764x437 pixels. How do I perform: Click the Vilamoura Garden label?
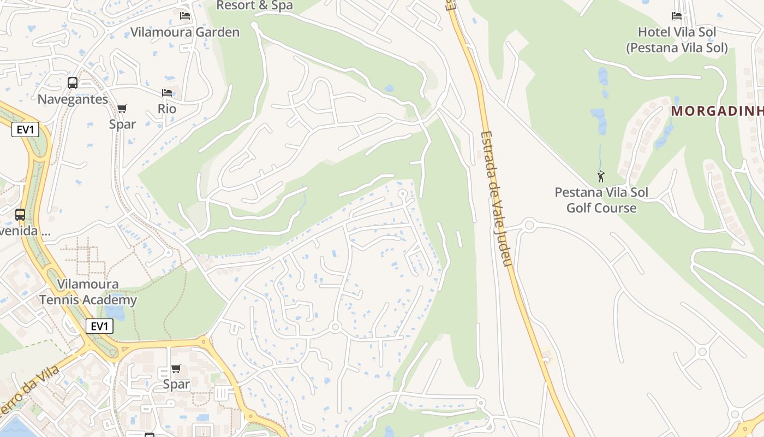pyautogui.click(x=185, y=32)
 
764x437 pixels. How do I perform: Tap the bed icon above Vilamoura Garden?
pyautogui.click(x=185, y=15)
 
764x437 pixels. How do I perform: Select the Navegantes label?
pyautogui.click(x=73, y=99)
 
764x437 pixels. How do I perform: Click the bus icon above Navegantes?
pyautogui.click(x=73, y=83)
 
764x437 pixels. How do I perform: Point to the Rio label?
pyautogui.click(x=167, y=109)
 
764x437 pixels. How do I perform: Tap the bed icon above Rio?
pyautogui.click(x=167, y=93)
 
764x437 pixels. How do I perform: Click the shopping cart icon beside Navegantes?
pyautogui.click(x=122, y=108)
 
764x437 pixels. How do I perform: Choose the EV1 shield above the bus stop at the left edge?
pyautogui.click(x=25, y=130)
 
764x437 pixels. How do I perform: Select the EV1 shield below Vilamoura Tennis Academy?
pyautogui.click(x=99, y=327)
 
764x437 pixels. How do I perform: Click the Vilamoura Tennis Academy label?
pyautogui.click(x=88, y=292)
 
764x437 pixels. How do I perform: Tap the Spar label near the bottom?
pyautogui.click(x=176, y=385)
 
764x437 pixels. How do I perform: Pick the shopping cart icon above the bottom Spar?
pyautogui.click(x=176, y=369)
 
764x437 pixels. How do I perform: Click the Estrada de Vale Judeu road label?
pyautogui.click(x=497, y=199)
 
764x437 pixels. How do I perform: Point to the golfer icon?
pyautogui.click(x=601, y=176)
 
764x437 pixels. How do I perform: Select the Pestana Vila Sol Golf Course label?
pyautogui.click(x=601, y=200)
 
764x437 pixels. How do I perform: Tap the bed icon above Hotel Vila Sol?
pyautogui.click(x=677, y=16)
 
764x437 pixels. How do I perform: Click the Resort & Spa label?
pyautogui.click(x=255, y=5)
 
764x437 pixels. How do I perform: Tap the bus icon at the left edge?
pyautogui.click(x=20, y=215)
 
